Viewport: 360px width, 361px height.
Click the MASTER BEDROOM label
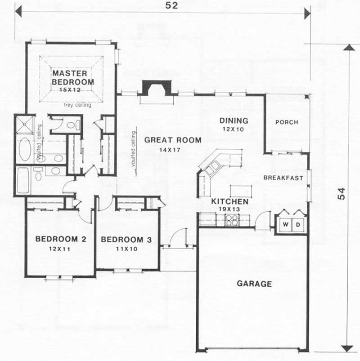[x=72, y=77]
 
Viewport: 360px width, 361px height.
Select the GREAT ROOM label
[x=172, y=140]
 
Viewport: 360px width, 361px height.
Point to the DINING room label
[x=234, y=120]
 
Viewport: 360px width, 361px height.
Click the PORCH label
[x=286, y=122]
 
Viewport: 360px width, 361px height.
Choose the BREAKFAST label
[x=283, y=178]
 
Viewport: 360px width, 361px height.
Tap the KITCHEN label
[x=229, y=201]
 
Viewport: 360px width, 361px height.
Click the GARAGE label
[x=254, y=284]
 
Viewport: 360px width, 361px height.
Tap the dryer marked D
[x=298, y=224]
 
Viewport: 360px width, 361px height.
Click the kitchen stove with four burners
[x=231, y=220]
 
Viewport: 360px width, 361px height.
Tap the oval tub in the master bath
[x=24, y=149]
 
